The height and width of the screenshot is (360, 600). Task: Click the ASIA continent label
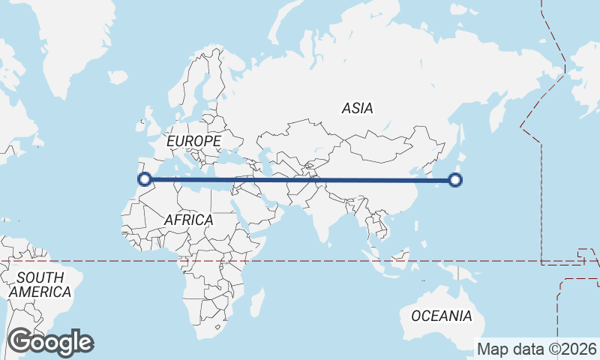point(357,108)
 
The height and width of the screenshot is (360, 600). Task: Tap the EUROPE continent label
point(193,141)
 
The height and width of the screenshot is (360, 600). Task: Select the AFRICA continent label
point(188,220)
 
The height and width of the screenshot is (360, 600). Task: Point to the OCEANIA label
point(442,316)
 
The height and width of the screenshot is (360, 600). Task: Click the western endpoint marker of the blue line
point(145,178)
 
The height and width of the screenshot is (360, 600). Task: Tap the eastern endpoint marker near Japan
point(454,179)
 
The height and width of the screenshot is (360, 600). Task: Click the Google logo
point(50,342)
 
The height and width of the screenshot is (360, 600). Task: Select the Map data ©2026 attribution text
point(537,349)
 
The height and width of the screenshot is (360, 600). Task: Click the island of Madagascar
point(256,303)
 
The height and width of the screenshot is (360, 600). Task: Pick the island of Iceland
point(118,76)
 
